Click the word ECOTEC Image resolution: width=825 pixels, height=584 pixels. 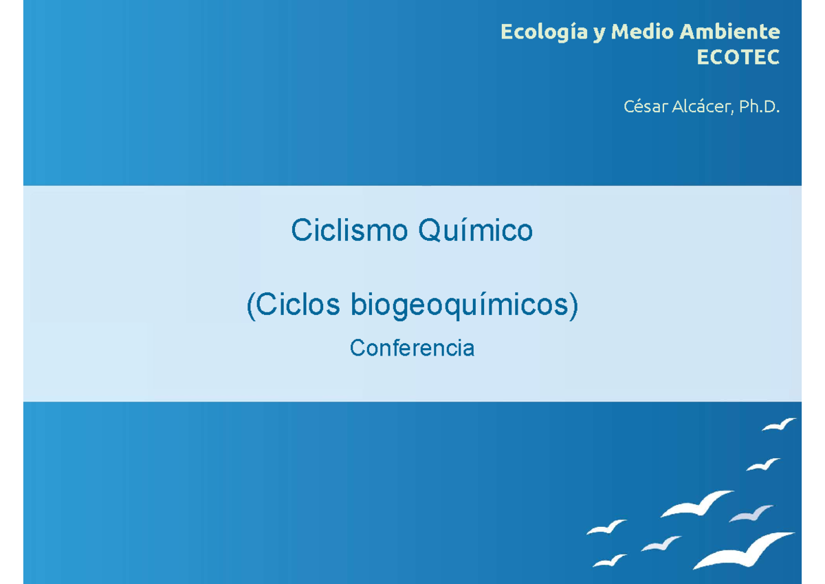(738, 58)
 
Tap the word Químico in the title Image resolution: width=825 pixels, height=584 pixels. (476, 230)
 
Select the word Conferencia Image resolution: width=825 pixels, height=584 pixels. (412, 348)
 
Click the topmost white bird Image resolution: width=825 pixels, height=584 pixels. (778, 424)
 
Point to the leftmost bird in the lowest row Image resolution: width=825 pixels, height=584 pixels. (608, 561)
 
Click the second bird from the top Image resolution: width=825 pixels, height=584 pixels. (763, 465)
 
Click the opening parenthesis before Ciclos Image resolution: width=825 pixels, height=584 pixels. (251, 306)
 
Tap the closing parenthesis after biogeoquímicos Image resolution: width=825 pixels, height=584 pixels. (573, 306)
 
